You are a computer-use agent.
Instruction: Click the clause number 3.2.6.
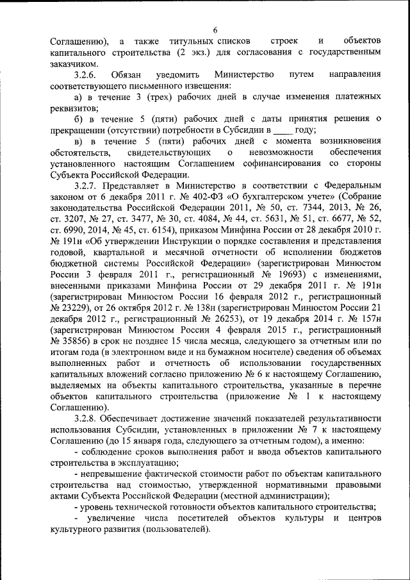click(x=87, y=75)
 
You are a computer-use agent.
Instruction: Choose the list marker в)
click(x=79, y=140)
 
